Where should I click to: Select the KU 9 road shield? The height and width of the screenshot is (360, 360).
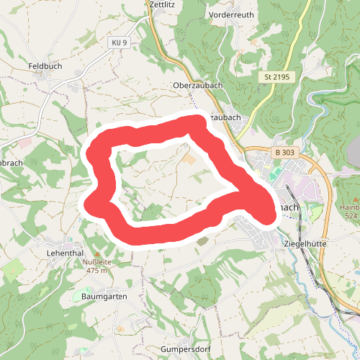click(120, 43)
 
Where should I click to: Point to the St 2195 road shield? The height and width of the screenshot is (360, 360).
click(276, 76)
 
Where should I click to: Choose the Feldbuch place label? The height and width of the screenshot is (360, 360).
click(44, 66)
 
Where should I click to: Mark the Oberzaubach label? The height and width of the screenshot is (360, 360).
click(197, 85)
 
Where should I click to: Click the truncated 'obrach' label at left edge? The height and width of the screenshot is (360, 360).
click(12, 163)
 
